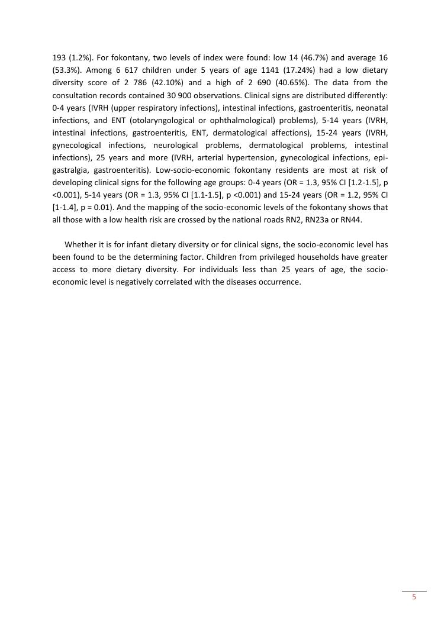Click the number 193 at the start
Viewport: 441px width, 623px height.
(59, 58)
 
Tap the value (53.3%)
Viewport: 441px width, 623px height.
(66, 70)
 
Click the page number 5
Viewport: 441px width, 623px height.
(414, 597)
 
